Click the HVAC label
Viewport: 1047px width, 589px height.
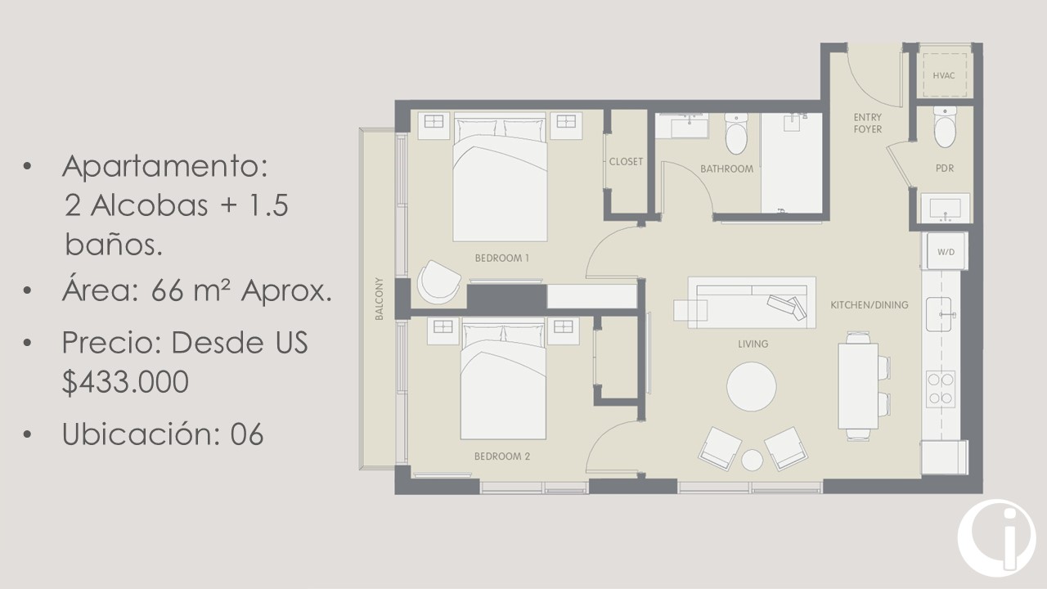tap(944, 76)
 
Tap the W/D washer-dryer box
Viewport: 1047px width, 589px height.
tap(946, 251)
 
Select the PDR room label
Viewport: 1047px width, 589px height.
tap(945, 169)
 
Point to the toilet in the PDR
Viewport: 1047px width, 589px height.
tap(945, 127)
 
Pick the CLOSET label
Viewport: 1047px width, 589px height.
tap(626, 162)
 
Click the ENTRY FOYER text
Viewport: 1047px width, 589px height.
tap(868, 123)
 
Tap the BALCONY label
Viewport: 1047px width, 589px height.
tap(379, 299)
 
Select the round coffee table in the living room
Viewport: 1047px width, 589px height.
tap(752, 387)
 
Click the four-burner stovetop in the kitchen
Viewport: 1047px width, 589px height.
tap(941, 389)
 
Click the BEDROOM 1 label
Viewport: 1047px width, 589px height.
tap(502, 258)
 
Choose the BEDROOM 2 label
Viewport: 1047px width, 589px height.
tap(502, 456)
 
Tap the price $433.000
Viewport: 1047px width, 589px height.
tap(125, 382)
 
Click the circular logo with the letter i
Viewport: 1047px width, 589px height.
tap(996, 538)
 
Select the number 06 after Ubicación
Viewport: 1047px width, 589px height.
tap(247, 434)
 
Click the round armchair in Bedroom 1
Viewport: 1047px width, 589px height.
tap(438, 282)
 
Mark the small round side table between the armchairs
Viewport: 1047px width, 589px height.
tap(752, 460)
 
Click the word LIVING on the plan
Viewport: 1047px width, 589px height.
tap(753, 344)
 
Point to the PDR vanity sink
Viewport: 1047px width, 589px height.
tap(945, 208)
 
